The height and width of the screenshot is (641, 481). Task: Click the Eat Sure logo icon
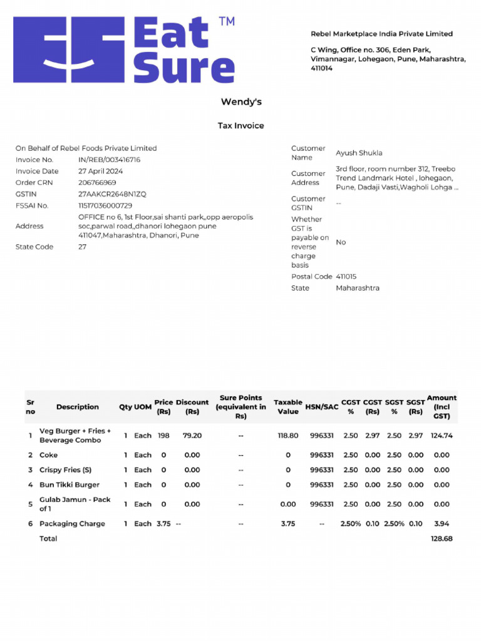[x=68, y=50]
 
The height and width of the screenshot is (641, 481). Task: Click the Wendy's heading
[x=241, y=101]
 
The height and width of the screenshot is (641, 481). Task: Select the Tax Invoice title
[x=241, y=126]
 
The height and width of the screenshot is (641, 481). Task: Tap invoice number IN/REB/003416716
[x=110, y=160]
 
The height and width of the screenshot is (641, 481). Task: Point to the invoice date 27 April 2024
[x=100, y=171]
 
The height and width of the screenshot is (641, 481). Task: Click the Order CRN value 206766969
[x=97, y=182]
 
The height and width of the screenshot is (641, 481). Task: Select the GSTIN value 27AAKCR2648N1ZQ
[x=112, y=194]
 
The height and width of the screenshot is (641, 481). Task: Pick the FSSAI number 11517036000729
[x=105, y=205]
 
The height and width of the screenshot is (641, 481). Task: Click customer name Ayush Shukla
[x=359, y=153]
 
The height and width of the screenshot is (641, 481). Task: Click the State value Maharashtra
[x=358, y=288]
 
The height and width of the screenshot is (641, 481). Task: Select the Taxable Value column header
[x=288, y=407]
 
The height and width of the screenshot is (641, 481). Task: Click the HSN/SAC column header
[x=322, y=407]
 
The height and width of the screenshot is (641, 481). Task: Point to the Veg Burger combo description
[x=75, y=436]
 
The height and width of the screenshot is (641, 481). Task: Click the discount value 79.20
[x=192, y=435]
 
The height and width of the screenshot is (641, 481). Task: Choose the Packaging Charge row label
[x=72, y=523]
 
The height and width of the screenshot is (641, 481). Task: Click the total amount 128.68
[x=442, y=538]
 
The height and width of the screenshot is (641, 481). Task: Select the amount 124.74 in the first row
[x=442, y=435]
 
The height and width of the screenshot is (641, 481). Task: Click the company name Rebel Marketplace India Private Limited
[x=382, y=34]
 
